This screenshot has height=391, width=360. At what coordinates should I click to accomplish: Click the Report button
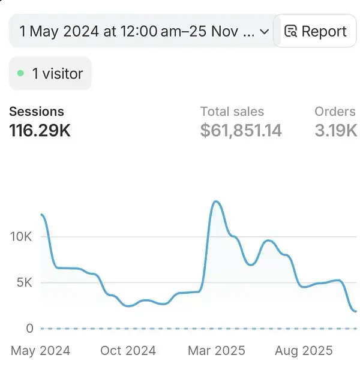(316, 31)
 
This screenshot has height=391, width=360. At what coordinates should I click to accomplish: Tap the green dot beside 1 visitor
(20, 74)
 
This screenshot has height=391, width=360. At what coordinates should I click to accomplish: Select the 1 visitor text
(58, 74)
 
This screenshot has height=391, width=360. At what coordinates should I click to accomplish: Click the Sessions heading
(37, 112)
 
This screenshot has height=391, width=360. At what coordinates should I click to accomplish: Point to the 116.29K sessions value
(40, 130)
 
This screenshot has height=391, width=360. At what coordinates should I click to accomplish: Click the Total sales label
(232, 112)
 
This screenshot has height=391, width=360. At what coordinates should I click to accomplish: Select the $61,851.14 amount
(241, 130)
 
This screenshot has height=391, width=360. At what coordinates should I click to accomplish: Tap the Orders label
(335, 112)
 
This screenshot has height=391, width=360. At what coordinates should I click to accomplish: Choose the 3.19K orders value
(335, 130)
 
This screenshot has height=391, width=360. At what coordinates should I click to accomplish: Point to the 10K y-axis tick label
(21, 236)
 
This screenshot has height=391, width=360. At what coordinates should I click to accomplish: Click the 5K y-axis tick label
(25, 282)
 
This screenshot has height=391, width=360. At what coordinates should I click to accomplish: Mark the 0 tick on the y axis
(29, 328)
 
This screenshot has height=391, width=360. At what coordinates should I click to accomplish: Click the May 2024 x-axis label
(40, 351)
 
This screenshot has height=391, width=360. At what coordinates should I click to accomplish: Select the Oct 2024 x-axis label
(128, 351)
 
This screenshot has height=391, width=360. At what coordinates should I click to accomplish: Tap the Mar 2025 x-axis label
(216, 351)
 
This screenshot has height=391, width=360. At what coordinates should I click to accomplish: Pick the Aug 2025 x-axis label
(304, 351)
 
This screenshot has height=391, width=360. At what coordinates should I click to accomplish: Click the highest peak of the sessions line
(215, 201)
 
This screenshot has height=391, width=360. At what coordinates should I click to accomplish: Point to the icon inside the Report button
(290, 31)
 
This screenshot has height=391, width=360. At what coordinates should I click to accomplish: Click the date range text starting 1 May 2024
(136, 31)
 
